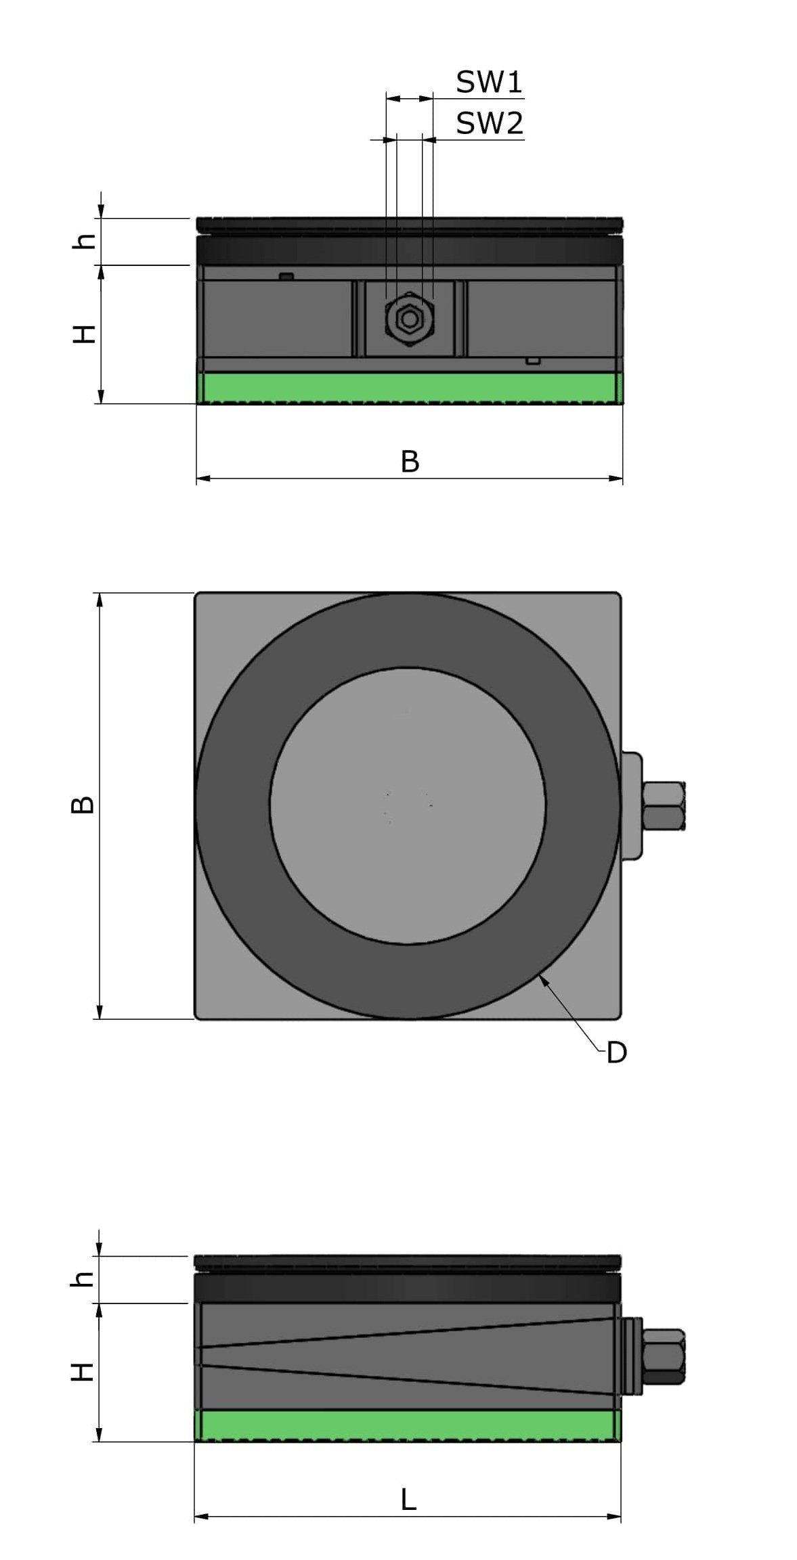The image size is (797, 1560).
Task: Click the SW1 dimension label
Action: click(489, 83)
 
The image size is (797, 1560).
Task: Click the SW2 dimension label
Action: click(489, 124)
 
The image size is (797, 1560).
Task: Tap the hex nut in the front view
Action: click(408, 319)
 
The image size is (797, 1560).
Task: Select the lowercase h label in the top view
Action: click(84, 241)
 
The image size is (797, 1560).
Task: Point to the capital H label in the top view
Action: click(84, 334)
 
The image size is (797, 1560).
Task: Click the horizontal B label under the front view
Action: click(410, 462)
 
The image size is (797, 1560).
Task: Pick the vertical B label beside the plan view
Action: click(83, 805)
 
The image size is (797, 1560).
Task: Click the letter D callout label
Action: click(616, 1053)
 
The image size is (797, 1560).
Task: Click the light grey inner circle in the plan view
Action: click(408, 805)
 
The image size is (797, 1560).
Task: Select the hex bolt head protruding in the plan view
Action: click(664, 806)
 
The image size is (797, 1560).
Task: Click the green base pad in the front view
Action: click(409, 388)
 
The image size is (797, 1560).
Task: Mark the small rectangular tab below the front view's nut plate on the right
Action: click(534, 361)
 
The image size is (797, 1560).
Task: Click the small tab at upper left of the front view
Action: click(286, 276)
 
